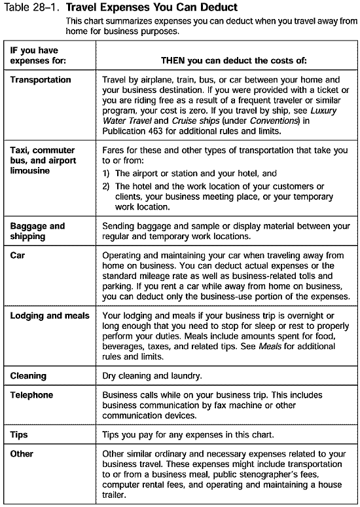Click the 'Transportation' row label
pyautogui.click(x=41, y=80)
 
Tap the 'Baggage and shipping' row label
pyautogui.click(x=37, y=231)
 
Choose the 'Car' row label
pyautogui.click(x=18, y=257)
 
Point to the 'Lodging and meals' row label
pyautogui.click(x=50, y=316)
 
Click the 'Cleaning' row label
pyautogui.click(x=28, y=376)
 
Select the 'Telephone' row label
pyautogui.click(x=32, y=396)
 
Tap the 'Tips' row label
pyautogui.click(x=19, y=434)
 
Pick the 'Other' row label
pyautogui.click(x=22, y=453)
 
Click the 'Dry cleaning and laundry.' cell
pyautogui.click(x=152, y=376)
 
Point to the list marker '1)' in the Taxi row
pyautogui.click(x=107, y=174)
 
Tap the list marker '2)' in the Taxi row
pyautogui.click(x=107, y=187)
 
